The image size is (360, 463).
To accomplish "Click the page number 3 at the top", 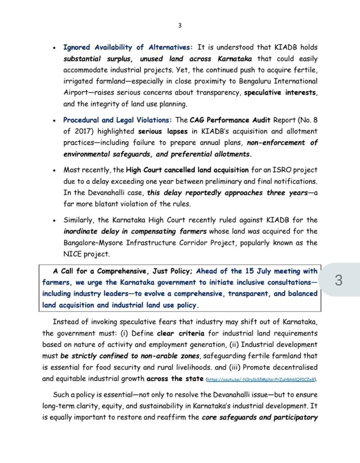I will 180,25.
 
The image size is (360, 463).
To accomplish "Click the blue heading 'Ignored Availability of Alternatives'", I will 128,47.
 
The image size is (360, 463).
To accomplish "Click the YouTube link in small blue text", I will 261,379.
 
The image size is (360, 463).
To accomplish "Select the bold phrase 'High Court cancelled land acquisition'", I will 187,170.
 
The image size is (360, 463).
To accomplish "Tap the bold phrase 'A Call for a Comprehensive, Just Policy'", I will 123,271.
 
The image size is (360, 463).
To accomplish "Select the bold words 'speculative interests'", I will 281,93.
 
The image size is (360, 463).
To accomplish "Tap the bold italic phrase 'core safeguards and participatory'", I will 260,417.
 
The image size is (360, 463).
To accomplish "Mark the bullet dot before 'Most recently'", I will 54,171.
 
